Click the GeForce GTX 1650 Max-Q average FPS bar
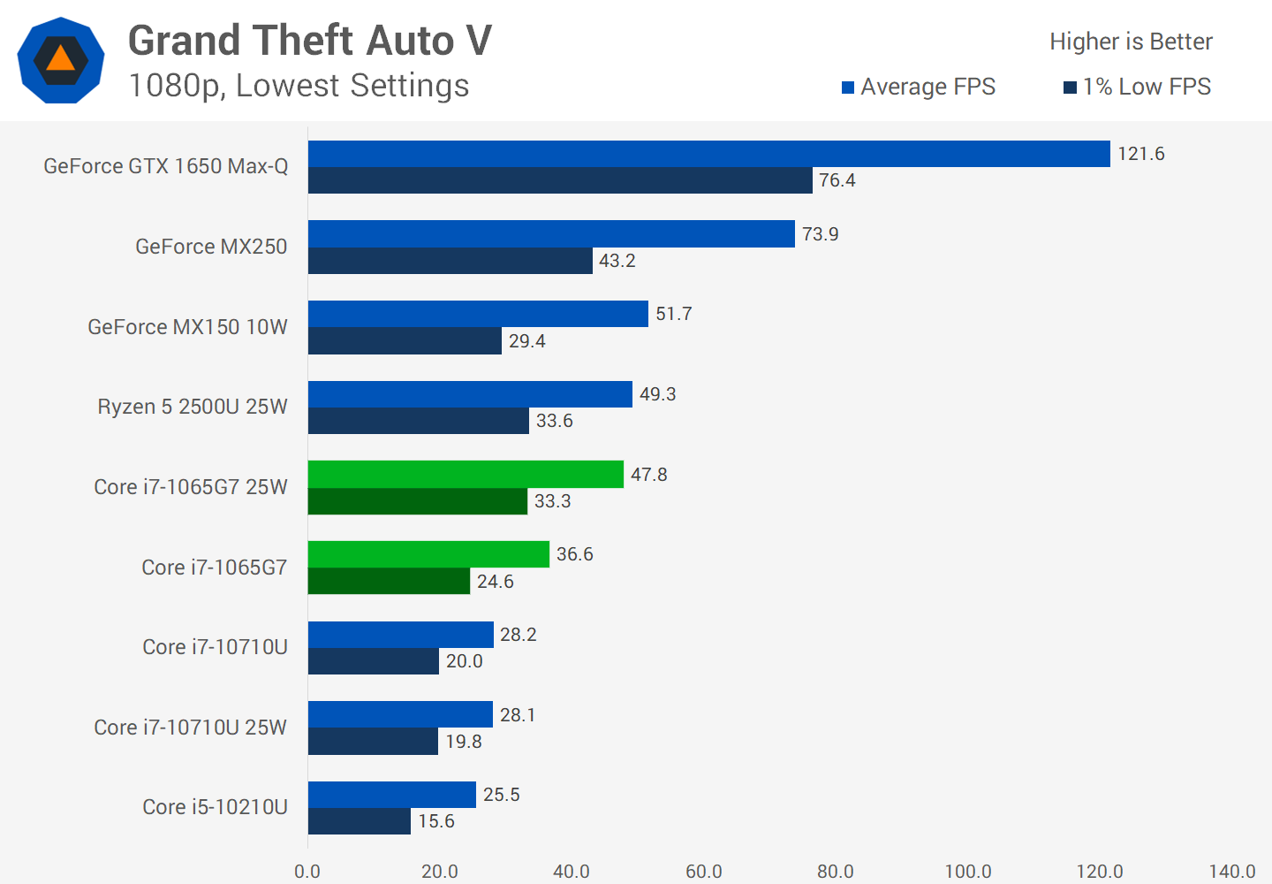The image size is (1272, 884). (708, 154)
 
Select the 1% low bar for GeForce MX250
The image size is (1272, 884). (450, 261)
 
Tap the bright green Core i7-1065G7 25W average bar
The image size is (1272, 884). (466, 475)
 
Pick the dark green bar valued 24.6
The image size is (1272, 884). (389, 581)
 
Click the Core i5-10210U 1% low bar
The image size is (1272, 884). (359, 821)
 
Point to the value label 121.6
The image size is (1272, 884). (1140, 154)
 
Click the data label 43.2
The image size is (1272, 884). (617, 261)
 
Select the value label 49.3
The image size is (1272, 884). (657, 394)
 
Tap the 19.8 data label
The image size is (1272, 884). (463, 742)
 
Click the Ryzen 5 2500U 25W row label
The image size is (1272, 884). (193, 407)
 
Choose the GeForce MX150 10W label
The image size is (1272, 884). (187, 327)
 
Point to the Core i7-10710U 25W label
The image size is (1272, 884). (190, 728)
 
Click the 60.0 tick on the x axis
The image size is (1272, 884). (703, 872)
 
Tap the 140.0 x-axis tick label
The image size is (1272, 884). (1231, 872)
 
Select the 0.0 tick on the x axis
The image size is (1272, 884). (307, 872)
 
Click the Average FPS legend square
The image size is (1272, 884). (848, 88)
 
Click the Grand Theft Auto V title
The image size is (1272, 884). (310, 41)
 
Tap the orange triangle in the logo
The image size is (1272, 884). (60, 59)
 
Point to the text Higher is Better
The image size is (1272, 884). (1131, 42)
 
